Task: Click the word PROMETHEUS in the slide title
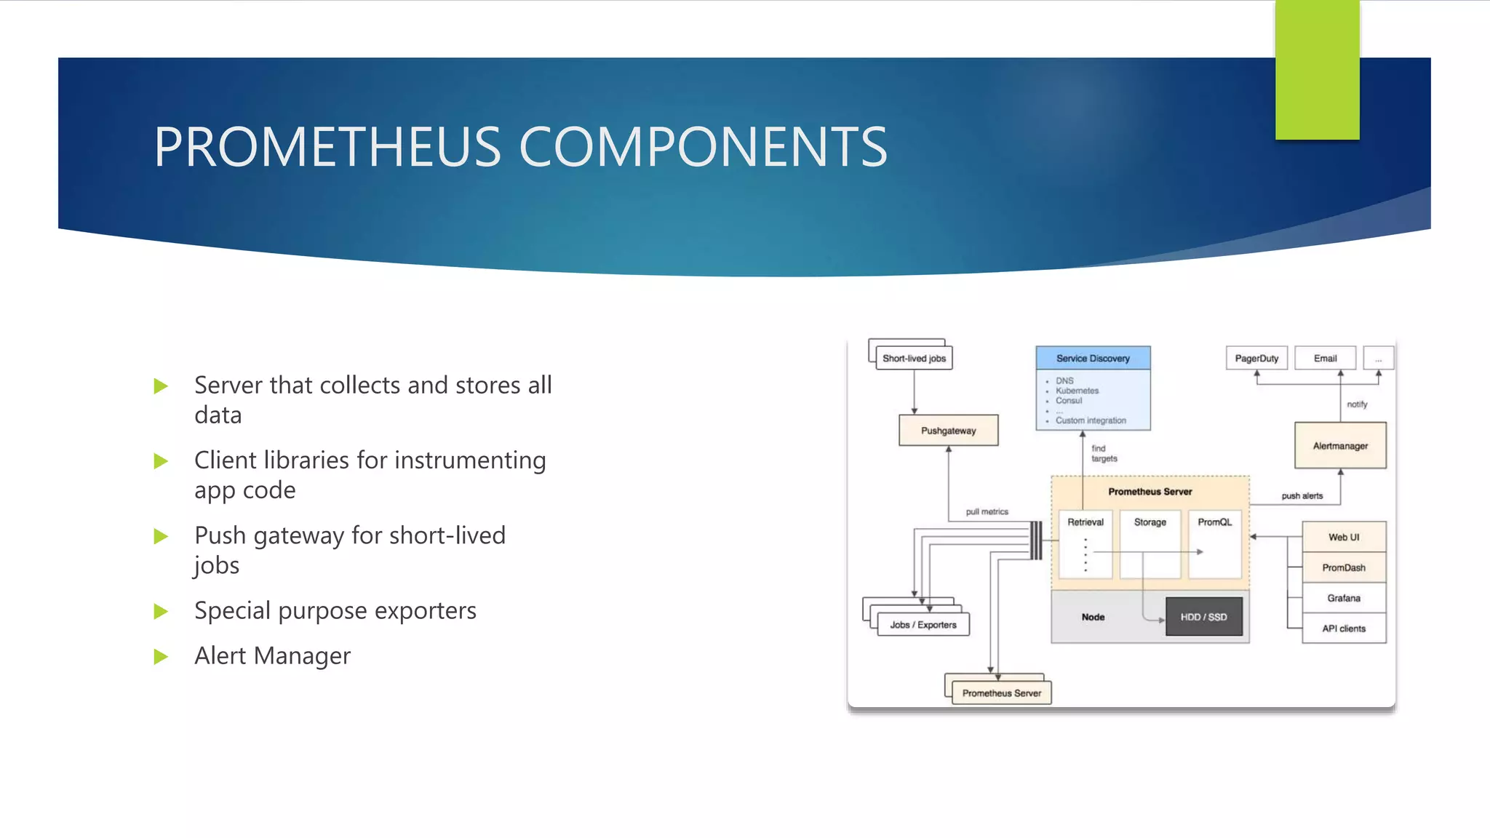327,148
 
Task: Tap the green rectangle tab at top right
1317,69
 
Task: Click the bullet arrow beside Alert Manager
161,657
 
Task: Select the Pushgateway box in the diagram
948,431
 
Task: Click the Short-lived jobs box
914,358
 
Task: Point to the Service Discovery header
1093,358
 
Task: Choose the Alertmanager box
1340,446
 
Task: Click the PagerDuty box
1256,358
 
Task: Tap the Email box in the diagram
1325,358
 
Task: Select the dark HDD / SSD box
1203,617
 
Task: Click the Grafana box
1343,598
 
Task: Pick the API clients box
1343,628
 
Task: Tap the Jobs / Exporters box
923,625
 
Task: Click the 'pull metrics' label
987,511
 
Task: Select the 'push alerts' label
1302,496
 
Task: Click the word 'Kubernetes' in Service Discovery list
1077,391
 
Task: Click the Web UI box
1343,537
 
